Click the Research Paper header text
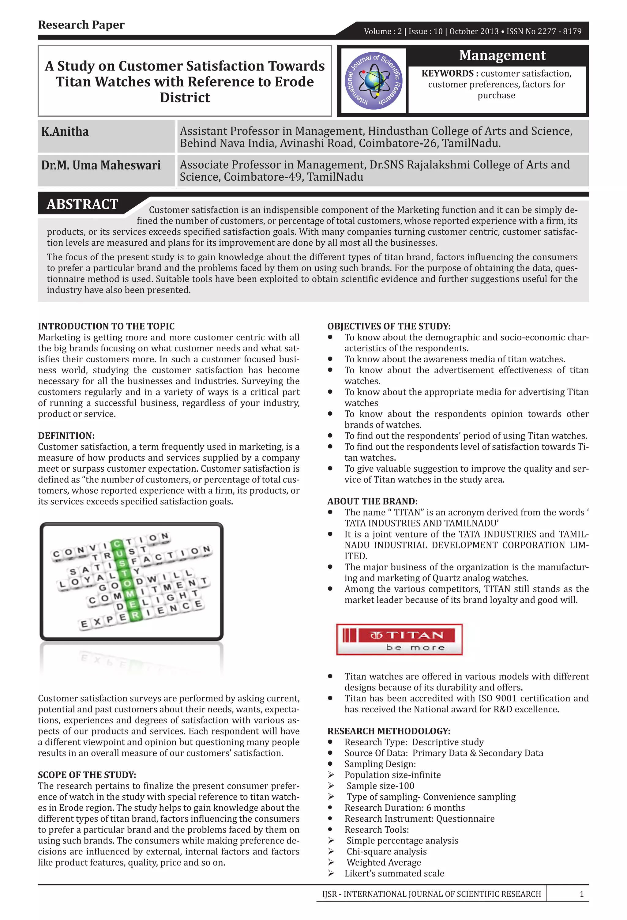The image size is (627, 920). pyautogui.click(x=81, y=25)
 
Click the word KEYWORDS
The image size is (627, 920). pyautogui.click(x=447, y=74)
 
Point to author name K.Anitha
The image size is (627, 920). pyautogui.click(x=65, y=131)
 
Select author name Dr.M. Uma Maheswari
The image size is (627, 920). pyautogui.click(x=101, y=165)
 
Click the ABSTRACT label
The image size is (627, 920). pyautogui.click(x=82, y=204)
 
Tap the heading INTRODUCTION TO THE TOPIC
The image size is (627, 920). pyautogui.click(x=106, y=326)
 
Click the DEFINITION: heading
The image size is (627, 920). pyautogui.click(x=66, y=435)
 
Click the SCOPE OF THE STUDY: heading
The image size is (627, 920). pyautogui.click(x=87, y=775)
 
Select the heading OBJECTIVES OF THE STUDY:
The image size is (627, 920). pyautogui.click(x=389, y=326)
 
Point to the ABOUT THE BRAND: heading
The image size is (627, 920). pyautogui.click(x=372, y=501)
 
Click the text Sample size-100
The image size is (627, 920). pyautogui.click(x=380, y=786)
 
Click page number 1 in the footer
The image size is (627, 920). pyautogui.click(x=581, y=894)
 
